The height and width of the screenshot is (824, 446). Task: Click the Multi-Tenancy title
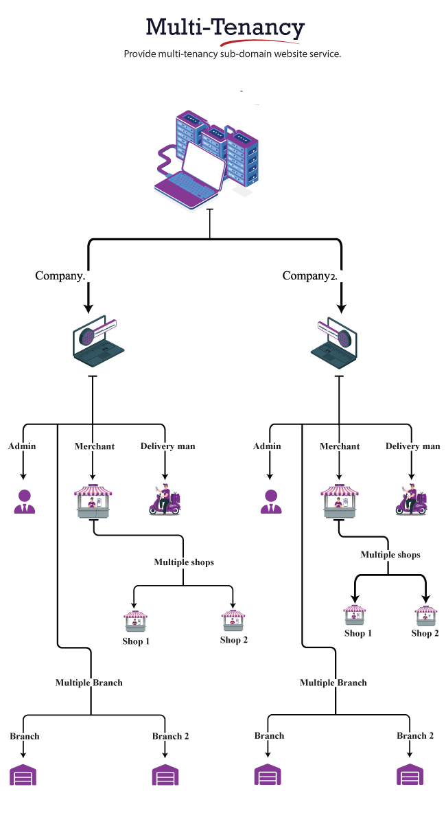pos(224,27)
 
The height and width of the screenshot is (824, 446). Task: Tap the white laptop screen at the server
pos(202,169)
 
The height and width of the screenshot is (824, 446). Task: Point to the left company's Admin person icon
pos(25,502)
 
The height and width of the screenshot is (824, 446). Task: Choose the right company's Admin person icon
pos(271,502)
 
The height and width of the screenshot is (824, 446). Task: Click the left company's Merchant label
pos(95,446)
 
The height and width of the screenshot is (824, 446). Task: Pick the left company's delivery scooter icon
pos(165,500)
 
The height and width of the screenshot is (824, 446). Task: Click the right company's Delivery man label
pos(412,446)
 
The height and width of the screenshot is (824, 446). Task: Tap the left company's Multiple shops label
pos(184,562)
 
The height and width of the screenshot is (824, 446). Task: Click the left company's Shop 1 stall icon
pos(135,621)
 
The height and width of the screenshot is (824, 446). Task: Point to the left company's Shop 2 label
pos(234,640)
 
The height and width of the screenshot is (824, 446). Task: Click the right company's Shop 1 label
pos(358,633)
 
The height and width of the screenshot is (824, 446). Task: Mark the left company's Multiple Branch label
pos(89,683)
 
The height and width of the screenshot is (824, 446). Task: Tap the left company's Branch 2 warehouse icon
pos(165,775)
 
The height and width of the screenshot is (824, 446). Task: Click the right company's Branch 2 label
pos(415,735)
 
